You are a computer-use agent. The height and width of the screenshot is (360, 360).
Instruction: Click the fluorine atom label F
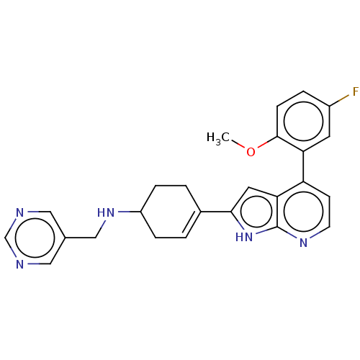[x=356, y=91]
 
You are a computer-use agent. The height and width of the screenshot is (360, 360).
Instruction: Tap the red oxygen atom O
[x=251, y=152]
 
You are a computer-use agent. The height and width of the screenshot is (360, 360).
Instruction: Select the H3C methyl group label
[x=218, y=138]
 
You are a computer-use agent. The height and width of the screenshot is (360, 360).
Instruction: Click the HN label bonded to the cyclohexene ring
[x=106, y=212]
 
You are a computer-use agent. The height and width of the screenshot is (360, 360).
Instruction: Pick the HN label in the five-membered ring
[x=244, y=237]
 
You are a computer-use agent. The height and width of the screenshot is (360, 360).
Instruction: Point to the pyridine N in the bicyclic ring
[x=304, y=243]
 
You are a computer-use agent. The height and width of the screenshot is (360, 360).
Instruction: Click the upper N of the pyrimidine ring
[x=20, y=212]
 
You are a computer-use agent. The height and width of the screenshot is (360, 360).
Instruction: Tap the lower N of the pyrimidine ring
[x=20, y=264]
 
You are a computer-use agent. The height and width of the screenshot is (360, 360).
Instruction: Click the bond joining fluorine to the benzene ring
[x=339, y=100]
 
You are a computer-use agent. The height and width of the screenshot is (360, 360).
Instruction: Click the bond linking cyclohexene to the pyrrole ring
[x=216, y=212]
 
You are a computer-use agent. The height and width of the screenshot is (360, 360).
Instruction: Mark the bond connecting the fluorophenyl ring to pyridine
[x=303, y=166]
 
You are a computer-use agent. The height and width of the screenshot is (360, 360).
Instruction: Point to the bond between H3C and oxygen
[x=238, y=143]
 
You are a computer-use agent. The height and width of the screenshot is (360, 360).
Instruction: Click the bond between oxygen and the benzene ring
[x=268, y=142]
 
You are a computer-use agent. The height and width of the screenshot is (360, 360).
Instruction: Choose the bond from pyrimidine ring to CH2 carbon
[x=81, y=238]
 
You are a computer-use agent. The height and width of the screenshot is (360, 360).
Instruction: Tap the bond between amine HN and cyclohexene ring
[x=130, y=212]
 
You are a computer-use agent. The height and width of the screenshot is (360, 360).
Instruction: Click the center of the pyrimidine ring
[x=35, y=238]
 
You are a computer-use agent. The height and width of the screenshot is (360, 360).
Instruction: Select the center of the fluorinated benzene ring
[x=303, y=121]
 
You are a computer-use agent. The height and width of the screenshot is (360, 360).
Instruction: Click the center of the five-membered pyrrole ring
[x=256, y=212]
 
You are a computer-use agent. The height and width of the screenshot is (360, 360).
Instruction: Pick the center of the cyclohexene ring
[x=171, y=212]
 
